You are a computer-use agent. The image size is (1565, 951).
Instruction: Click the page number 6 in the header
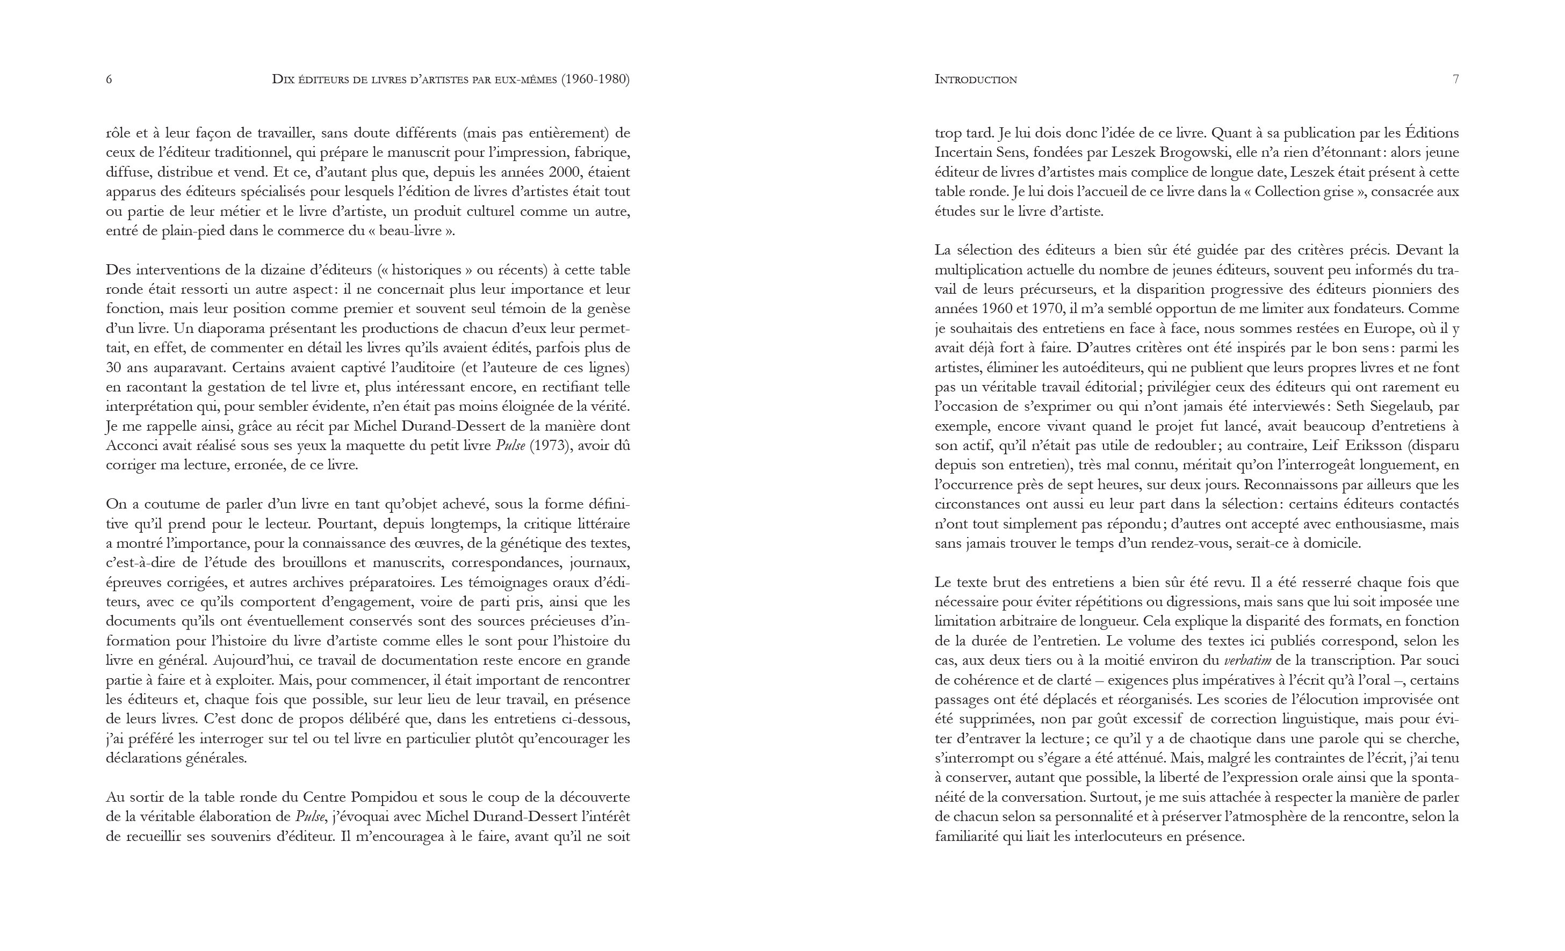click(x=109, y=79)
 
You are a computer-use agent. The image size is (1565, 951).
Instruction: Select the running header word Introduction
click(x=976, y=79)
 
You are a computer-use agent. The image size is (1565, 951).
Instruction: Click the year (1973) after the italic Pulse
click(x=547, y=446)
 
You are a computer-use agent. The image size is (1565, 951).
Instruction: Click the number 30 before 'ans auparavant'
click(x=114, y=368)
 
